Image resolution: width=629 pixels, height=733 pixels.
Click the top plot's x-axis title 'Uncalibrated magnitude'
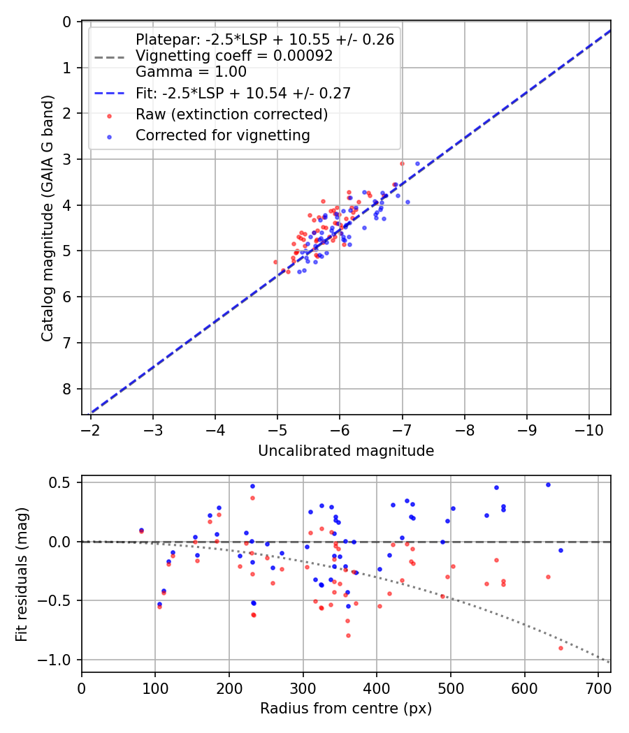346,451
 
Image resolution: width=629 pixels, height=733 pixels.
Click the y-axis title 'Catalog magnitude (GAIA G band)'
47,218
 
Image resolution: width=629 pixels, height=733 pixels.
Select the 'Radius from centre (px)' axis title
346,709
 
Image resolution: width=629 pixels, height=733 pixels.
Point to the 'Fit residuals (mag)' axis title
22,574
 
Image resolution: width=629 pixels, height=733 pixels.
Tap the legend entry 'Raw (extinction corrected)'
231,114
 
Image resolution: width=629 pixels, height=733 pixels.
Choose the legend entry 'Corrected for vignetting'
223,135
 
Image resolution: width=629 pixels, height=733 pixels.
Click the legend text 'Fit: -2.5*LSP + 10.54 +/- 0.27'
243,93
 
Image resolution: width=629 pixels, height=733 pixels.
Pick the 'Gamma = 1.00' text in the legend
191,71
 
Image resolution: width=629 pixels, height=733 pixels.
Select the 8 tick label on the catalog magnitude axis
67,389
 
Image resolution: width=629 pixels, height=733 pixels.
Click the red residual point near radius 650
561,648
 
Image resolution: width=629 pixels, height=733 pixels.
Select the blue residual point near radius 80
141,531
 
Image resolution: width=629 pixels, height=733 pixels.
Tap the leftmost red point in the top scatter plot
275,262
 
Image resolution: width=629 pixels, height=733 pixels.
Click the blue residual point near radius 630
548,484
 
